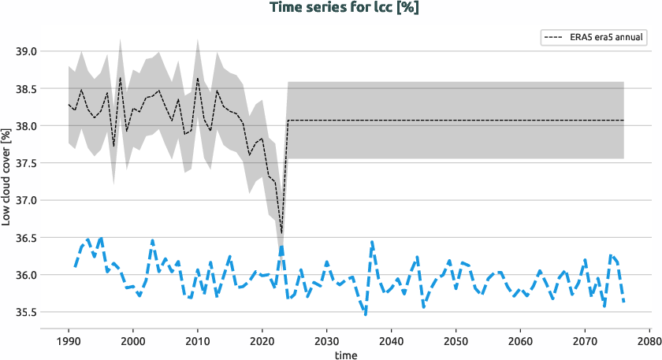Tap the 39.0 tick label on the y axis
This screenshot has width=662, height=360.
coord(27,51)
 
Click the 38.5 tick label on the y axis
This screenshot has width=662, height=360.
coord(27,89)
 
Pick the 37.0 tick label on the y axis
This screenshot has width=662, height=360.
coord(27,201)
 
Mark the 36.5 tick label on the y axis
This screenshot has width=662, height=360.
coord(27,238)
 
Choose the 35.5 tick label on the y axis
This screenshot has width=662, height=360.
coord(27,313)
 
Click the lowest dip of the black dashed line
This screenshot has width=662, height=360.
coord(281,233)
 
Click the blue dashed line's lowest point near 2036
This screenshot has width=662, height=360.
coord(366,315)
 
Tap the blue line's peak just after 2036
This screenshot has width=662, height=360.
coord(372,242)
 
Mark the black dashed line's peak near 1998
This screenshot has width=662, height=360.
coord(120,77)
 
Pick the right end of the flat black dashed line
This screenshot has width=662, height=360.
coord(623,121)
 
